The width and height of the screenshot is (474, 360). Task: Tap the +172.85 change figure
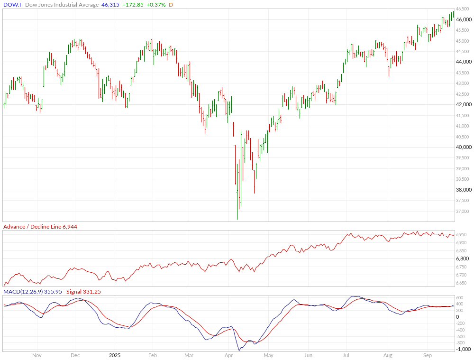132,5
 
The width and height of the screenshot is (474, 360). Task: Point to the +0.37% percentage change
156,5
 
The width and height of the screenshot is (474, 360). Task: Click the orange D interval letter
171,5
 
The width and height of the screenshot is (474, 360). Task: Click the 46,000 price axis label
464,19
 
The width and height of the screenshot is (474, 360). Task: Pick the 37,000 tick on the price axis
464,212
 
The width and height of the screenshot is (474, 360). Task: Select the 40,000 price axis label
464,147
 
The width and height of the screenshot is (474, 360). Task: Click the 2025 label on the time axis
115,355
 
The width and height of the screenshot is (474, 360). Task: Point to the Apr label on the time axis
228,355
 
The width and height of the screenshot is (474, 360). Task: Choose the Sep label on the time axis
428,355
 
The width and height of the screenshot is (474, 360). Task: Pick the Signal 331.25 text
84,292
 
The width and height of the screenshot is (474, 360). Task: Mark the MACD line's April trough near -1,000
239,351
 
